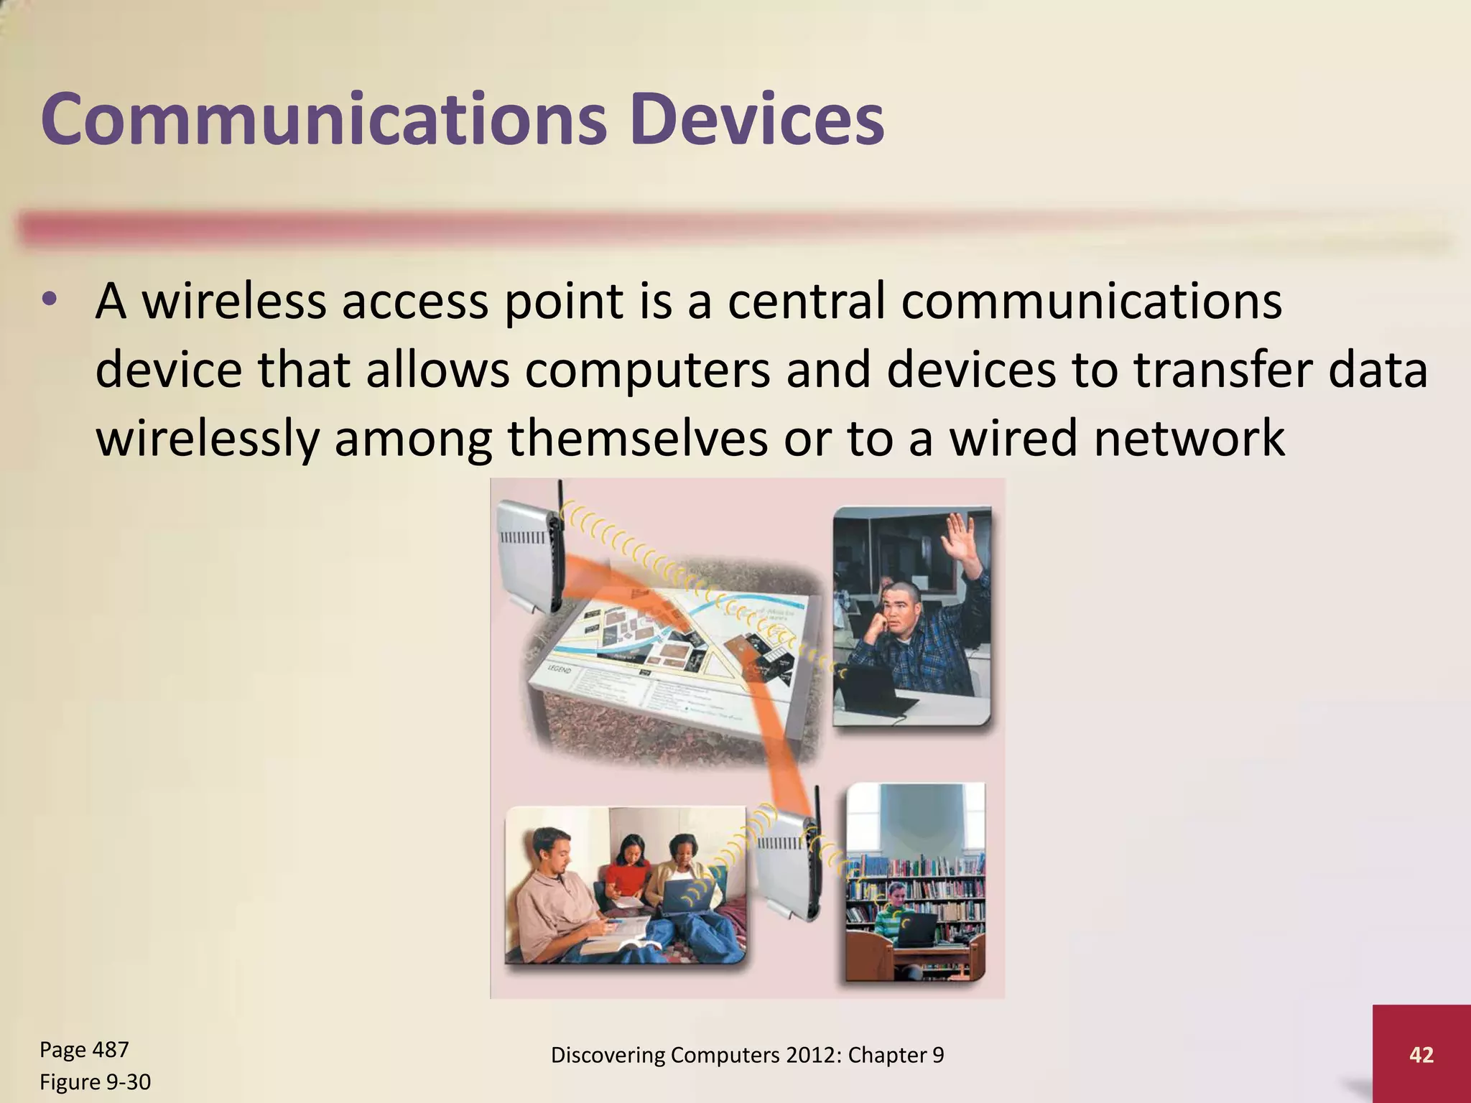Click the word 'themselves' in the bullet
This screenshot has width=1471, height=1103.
click(x=637, y=438)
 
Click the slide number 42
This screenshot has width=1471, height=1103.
click(x=1421, y=1054)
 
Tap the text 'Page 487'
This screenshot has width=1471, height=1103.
click(x=84, y=1049)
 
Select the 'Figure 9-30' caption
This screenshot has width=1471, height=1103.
click(x=95, y=1081)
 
